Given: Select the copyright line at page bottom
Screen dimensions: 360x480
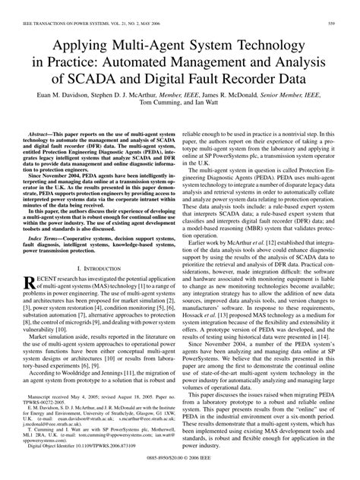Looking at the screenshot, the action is [180, 472].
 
